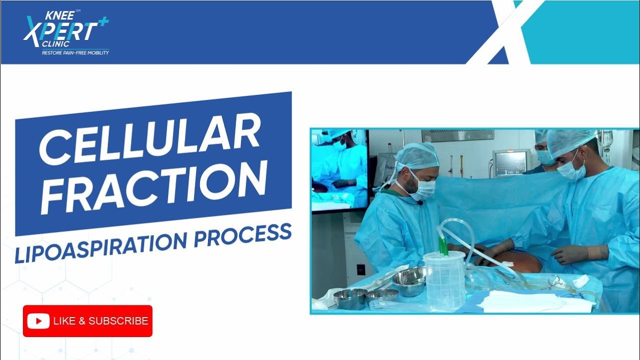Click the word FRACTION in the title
tap(154, 186)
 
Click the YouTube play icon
tap(38, 321)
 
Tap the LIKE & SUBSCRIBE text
tap(100, 321)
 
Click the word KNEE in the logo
tap(59, 15)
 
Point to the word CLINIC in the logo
tap(55, 44)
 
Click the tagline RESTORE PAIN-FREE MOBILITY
tap(75, 52)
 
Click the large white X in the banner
tap(504, 32)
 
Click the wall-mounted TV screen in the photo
tap(339, 170)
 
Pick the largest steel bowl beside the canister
tap(408, 281)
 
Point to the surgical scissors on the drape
tap(553, 282)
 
